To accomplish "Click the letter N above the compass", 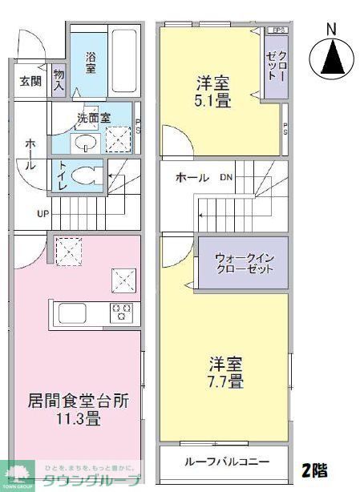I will pyautogui.click(x=332, y=30).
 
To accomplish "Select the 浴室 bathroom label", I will pyautogui.click(x=91, y=63).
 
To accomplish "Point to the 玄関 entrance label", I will pyautogui.click(x=30, y=80).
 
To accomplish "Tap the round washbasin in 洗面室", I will pyautogui.click(x=85, y=143).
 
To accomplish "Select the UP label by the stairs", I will pyautogui.click(x=42, y=213).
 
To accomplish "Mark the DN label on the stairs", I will pyautogui.click(x=227, y=177).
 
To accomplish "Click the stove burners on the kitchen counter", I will pyautogui.click(x=121, y=311).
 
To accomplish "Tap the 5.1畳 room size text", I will pyautogui.click(x=213, y=101).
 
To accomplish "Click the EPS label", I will pyautogui.click(x=278, y=30).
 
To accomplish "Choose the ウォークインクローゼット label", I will pyautogui.click(x=244, y=263).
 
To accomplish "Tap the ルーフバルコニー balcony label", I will pyautogui.click(x=225, y=462).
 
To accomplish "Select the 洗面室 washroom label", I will pyautogui.click(x=93, y=117).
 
